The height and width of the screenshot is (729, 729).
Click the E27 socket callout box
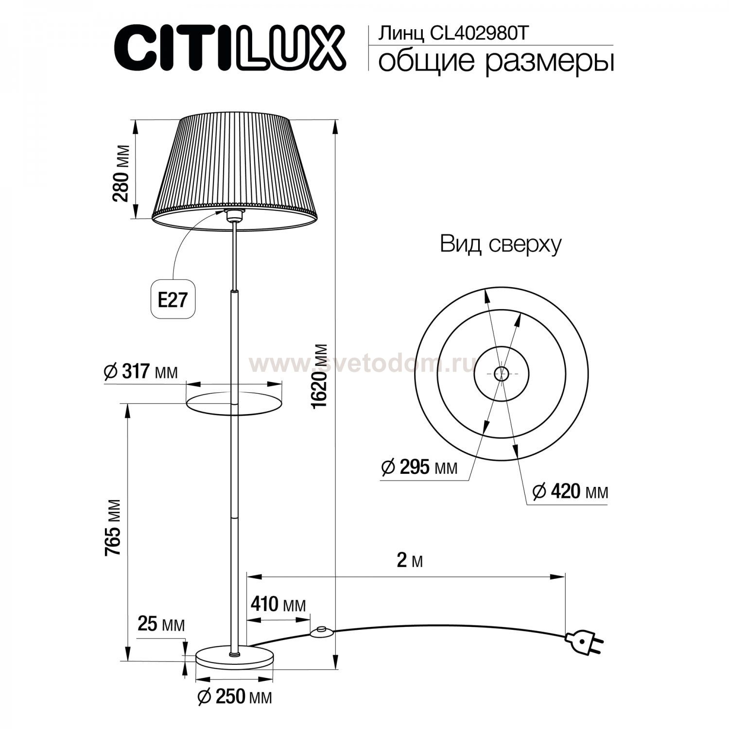(x=173, y=299)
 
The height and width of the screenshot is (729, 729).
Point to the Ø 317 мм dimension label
(x=141, y=373)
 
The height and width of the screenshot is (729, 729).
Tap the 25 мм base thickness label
(x=161, y=624)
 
